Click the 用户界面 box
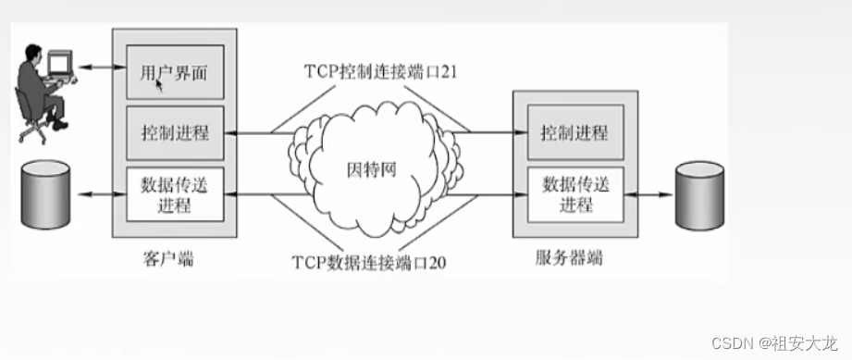coord(174,72)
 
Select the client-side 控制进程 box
coord(174,131)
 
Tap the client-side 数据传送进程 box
coord(174,193)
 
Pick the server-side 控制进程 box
coord(574,132)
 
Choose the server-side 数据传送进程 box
coord(574,194)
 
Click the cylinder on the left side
coord(45,195)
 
